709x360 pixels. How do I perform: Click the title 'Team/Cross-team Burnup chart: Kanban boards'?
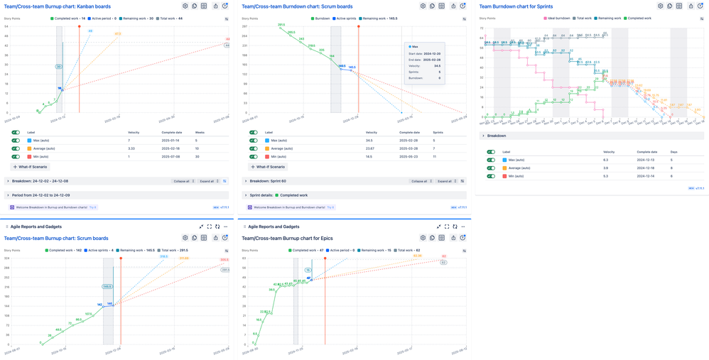tap(58, 6)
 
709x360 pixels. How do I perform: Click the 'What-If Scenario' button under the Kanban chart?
tap(30, 167)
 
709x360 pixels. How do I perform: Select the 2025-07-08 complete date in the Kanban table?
tap(171, 157)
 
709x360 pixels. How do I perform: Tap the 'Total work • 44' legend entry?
tap(171, 18)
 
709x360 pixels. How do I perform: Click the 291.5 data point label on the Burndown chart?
tap(281, 25)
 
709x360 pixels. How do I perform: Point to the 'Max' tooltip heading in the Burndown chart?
tap(415, 47)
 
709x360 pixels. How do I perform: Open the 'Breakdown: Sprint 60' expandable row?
tap(268, 181)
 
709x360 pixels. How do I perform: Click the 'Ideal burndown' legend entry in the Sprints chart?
tap(557, 18)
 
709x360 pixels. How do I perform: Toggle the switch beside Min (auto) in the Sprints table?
tap(491, 176)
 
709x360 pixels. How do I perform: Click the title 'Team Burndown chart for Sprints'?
tap(516, 6)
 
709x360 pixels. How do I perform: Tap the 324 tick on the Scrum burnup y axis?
tap(6, 258)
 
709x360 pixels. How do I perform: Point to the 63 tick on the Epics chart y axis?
tap(244, 258)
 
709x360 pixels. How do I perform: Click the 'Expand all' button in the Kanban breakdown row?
tap(209, 181)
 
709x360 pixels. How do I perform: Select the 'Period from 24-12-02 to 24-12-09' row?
tap(40, 195)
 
